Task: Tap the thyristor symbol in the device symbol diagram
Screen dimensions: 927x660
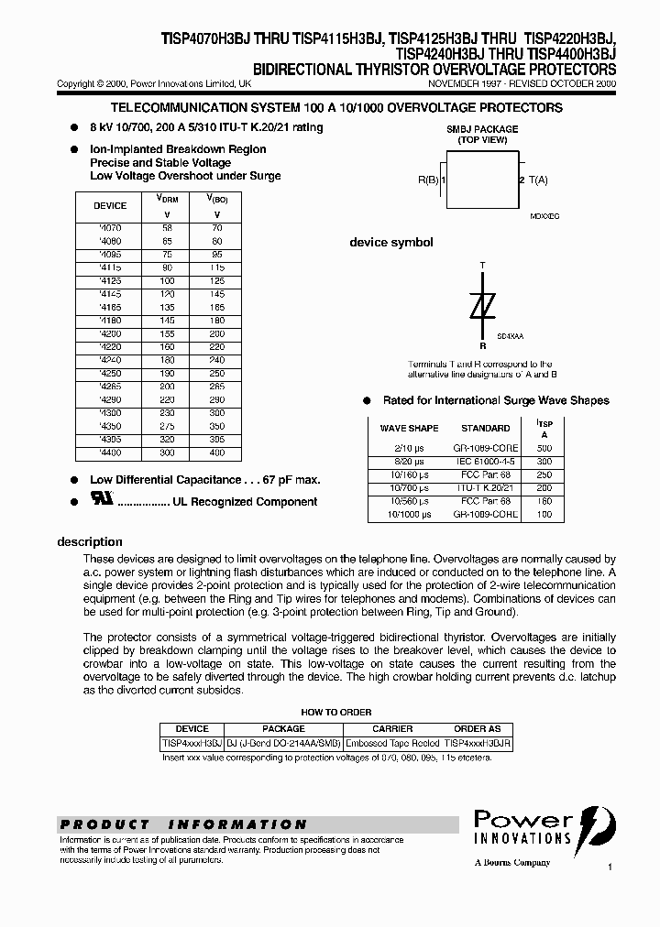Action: click(482, 306)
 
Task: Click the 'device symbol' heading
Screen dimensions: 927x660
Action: click(391, 243)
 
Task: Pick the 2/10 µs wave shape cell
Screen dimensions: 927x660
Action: click(409, 449)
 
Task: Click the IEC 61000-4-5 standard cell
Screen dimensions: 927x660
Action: click(486, 462)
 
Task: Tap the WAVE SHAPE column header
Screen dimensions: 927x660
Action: click(409, 428)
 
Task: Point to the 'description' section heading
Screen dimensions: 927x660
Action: click(90, 541)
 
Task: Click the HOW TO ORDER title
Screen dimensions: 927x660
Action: click(336, 712)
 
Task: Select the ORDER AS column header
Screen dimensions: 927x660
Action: click(477, 729)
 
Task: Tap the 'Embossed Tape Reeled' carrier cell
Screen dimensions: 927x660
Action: click(393, 744)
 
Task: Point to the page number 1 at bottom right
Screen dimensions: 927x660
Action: click(609, 866)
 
